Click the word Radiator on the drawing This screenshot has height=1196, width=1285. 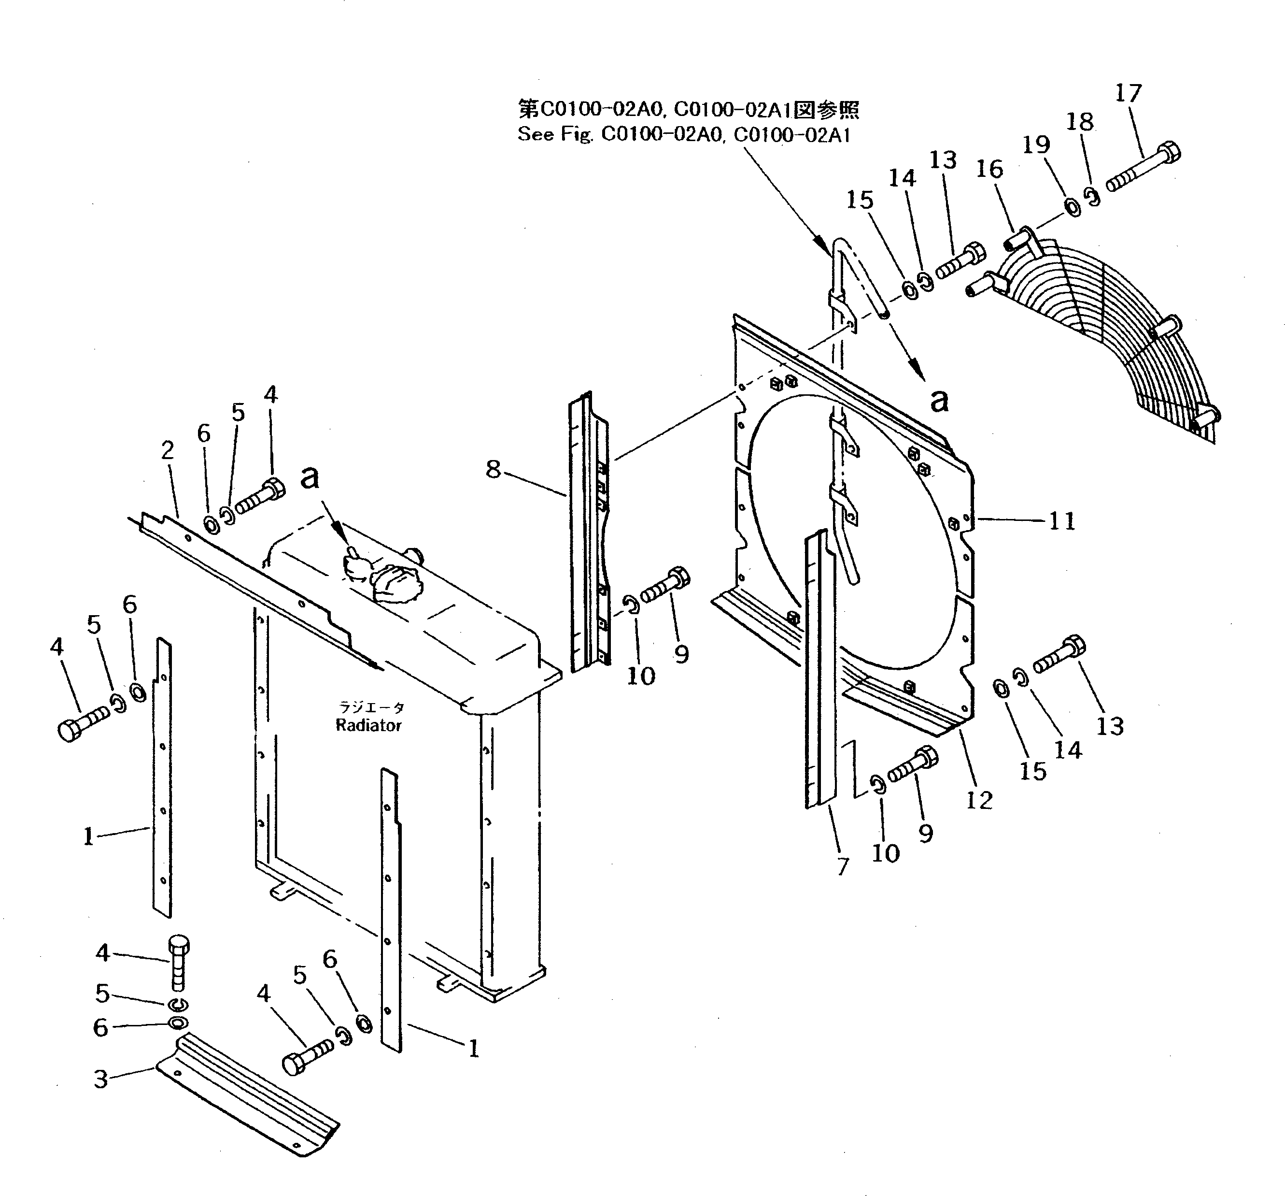click(x=368, y=725)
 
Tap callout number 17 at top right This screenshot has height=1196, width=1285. click(x=1129, y=94)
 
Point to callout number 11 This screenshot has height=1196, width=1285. click(x=1061, y=521)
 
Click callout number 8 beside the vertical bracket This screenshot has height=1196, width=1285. click(x=493, y=469)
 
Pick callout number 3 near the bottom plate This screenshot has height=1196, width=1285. click(x=101, y=1079)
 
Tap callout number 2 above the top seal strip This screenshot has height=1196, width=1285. click(x=168, y=450)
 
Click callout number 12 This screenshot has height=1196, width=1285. click(x=979, y=801)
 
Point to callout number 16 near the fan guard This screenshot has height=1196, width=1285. click(x=989, y=170)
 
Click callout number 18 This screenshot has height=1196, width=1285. click(x=1079, y=122)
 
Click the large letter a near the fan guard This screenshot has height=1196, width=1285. click(x=939, y=401)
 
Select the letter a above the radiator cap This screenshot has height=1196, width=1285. click(x=310, y=477)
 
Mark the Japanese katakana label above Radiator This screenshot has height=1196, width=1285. click(x=372, y=707)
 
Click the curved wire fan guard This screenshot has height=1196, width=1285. click(x=1112, y=336)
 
